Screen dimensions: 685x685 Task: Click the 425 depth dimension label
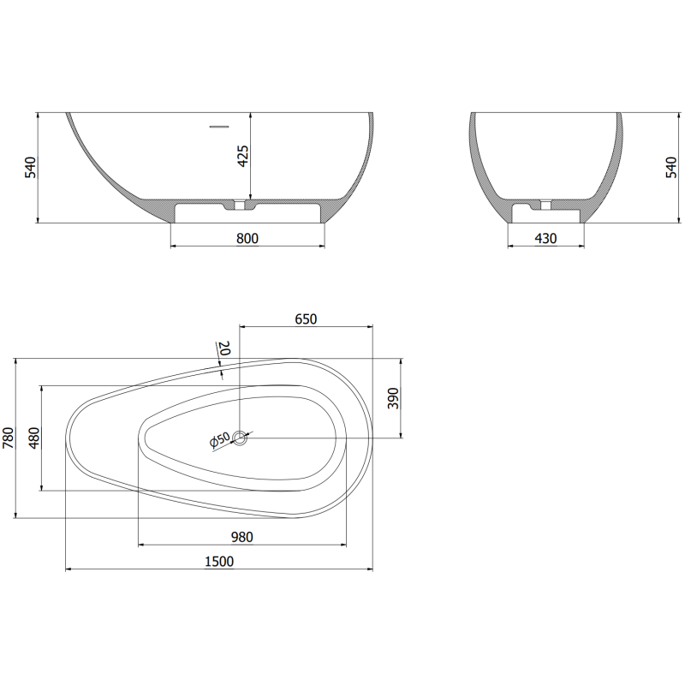243,156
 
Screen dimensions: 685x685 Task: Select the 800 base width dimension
247,238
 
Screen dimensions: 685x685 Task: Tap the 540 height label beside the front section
30,167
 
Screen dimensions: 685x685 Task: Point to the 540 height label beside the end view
671,167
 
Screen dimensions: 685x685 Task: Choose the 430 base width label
546,238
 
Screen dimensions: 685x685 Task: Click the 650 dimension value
306,319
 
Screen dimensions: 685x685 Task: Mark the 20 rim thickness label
224,348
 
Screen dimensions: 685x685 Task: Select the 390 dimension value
393,398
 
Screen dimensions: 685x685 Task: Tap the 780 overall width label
9,438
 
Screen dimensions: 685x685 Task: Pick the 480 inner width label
34,438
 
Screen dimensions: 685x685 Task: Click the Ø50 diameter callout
220,440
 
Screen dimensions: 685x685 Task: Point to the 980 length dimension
241,537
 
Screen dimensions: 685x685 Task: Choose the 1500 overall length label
219,561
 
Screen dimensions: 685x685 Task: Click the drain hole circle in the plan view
240,438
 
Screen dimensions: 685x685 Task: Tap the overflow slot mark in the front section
220,127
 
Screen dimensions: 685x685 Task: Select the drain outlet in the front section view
241,205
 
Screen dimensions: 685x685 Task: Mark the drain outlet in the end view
545,205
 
